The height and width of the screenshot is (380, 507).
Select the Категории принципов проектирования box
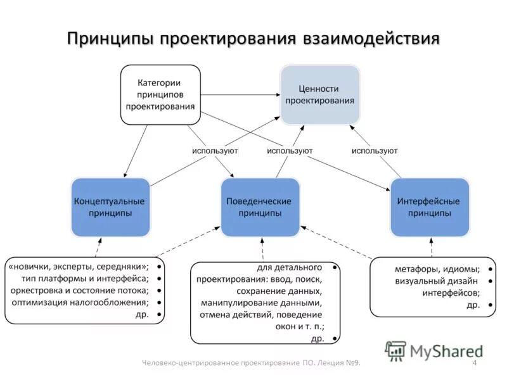click(160, 94)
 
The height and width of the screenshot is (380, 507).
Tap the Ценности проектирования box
click(320, 94)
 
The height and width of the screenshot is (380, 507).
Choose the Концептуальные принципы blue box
click(110, 207)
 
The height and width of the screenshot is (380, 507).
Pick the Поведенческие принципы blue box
click(259, 207)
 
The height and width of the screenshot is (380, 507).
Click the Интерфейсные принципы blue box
click(429, 207)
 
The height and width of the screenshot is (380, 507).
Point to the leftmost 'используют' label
click(215, 151)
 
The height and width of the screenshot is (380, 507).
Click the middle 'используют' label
click(290, 151)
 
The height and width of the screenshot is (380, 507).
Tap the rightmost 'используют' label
click(375, 151)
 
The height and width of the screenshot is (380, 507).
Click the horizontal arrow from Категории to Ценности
click(241, 95)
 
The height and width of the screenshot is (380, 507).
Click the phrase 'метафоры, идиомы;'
click(437, 269)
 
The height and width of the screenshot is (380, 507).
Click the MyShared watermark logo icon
click(396, 350)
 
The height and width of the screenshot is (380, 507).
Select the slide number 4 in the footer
click(475, 362)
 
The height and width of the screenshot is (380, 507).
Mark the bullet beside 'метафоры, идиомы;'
click(491, 269)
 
